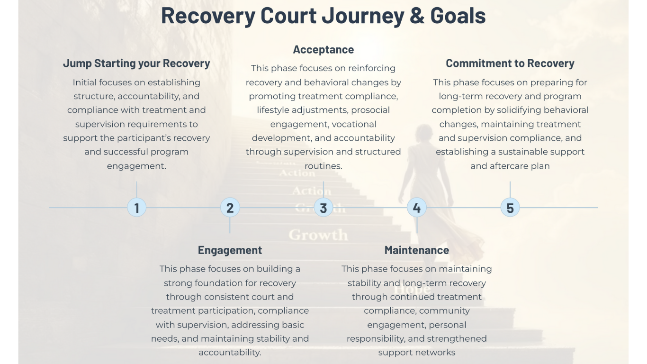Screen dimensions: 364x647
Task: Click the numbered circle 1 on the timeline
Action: (x=136, y=208)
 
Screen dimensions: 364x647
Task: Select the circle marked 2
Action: (x=230, y=208)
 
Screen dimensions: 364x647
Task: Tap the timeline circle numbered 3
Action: (x=323, y=208)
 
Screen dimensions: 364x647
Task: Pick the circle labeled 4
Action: (x=416, y=208)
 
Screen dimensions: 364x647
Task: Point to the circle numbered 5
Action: (x=510, y=208)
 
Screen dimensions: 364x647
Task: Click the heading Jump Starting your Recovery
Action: (x=136, y=64)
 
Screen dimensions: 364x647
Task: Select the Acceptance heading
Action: (x=323, y=49)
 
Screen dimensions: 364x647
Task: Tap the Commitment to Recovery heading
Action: (x=510, y=64)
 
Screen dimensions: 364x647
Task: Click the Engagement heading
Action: (x=230, y=250)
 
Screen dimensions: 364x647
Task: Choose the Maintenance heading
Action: (x=417, y=250)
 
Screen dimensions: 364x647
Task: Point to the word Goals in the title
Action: (x=458, y=15)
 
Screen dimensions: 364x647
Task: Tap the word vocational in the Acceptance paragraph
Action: (x=354, y=124)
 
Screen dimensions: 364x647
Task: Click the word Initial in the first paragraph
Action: (x=88, y=82)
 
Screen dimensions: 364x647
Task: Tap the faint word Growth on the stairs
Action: (x=318, y=235)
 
